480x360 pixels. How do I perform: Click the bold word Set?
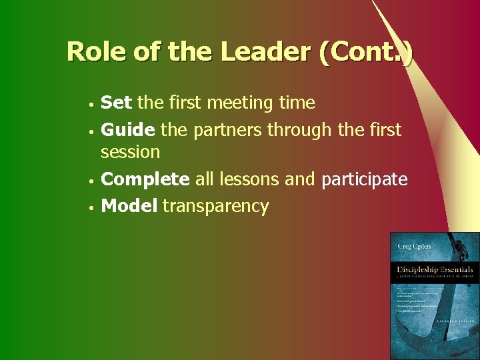pyautogui.click(x=117, y=103)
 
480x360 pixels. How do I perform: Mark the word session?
pyautogui.click(x=130, y=152)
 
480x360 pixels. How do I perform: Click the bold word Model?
pyautogui.click(x=129, y=206)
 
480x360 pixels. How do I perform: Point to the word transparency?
pyautogui.click(x=215, y=207)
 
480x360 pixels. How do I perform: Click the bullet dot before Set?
pyautogui.click(x=89, y=105)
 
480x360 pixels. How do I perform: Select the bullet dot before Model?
pyautogui.click(x=89, y=208)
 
